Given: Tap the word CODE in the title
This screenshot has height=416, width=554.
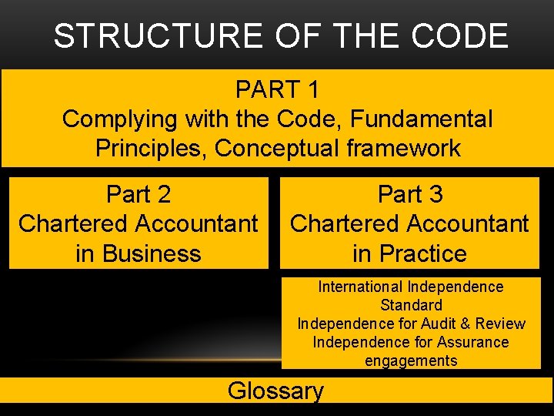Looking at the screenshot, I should pos(460,36).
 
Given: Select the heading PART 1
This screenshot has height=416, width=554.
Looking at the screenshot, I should pos(277,90).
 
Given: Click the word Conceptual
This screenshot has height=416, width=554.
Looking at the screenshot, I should pos(277,149).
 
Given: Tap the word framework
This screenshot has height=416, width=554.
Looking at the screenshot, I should pos(404,149).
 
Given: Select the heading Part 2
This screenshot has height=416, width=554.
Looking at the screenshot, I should pos(138,195).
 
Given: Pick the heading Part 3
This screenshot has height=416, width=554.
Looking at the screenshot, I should pos(410,195).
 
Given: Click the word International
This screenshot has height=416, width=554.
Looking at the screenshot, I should pos(360,287).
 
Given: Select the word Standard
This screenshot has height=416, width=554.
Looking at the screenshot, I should pos(411,305).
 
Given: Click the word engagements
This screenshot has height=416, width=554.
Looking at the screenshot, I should pos(411,361).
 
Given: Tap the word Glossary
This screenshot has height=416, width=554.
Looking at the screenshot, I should pos(275,391).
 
